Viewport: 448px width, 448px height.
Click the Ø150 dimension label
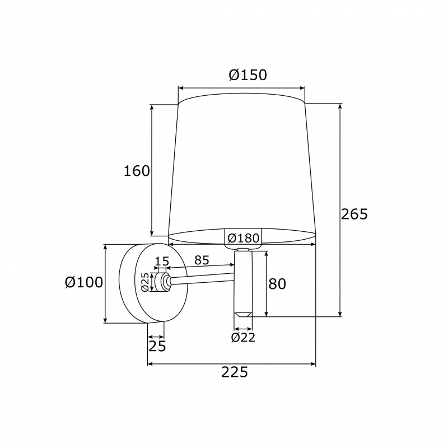[x=248, y=75]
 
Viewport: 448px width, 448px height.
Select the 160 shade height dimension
[x=137, y=171]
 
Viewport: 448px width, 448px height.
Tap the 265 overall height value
[x=354, y=214]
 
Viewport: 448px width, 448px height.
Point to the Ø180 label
[x=244, y=237]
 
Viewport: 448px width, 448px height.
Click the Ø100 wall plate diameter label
[x=83, y=282]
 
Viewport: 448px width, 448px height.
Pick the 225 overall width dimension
[x=235, y=372]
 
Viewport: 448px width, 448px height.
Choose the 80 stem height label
[x=277, y=284]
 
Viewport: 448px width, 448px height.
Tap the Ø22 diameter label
[x=243, y=338]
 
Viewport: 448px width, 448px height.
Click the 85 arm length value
[x=202, y=260]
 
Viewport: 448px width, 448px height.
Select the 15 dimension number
[x=162, y=261]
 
